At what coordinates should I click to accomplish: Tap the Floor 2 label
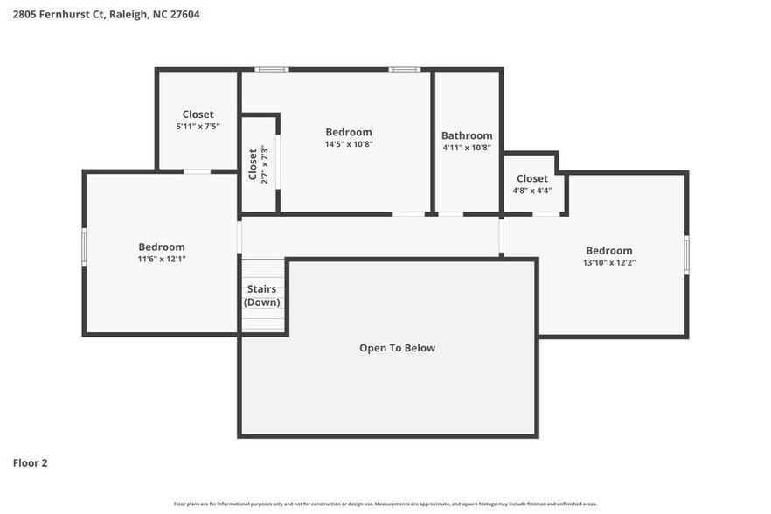pyautogui.click(x=31, y=462)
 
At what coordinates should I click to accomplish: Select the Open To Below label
pyautogui.click(x=397, y=348)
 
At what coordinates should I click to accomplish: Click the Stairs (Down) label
pyautogui.click(x=262, y=295)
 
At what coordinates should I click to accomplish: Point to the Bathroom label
pyautogui.click(x=466, y=135)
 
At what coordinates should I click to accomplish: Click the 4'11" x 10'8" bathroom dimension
pyautogui.click(x=466, y=148)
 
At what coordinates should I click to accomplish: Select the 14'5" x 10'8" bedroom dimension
pyautogui.click(x=349, y=144)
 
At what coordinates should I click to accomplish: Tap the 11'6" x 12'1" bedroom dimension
pyautogui.click(x=162, y=259)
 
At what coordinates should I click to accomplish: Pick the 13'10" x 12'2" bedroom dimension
pyautogui.click(x=608, y=262)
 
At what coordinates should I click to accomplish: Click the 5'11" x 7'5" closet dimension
pyautogui.click(x=198, y=127)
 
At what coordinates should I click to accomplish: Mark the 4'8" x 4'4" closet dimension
pyautogui.click(x=532, y=191)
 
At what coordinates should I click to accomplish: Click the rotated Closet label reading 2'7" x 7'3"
pyautogui.click(x=257, y=163)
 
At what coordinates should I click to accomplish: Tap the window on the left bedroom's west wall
pyautogui.click(x=85, y=246)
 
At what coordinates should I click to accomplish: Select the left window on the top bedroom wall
pyautogui.click(x=271, y=69)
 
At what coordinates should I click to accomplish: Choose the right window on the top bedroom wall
pyautogui.click(x=404, y=69)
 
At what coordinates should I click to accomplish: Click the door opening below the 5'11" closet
pyautogui.click(x=198, y=171)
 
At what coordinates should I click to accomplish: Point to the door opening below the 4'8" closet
pyautogui.click(x=546, y=213)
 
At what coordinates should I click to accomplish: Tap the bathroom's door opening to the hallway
pyautogui.click(x=450, y=213)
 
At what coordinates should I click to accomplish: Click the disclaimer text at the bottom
pyautogui.click(x=385, y=504)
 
